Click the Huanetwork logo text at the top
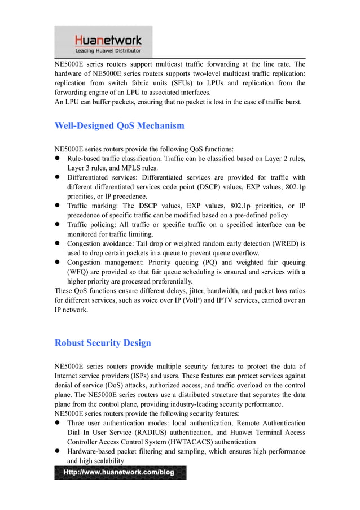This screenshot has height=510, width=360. [108, 40]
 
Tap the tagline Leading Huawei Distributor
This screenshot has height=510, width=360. [108, 51]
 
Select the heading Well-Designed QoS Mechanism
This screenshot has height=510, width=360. [119, 125]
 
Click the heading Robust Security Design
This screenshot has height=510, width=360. [102, 343]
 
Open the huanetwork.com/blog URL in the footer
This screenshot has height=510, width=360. [120, 472]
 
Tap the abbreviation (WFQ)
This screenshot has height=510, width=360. [79, 272]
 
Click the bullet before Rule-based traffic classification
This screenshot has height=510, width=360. [58, 159]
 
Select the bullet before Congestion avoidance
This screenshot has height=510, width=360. [58, 243]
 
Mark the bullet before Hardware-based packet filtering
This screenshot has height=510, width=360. [58, 451]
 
